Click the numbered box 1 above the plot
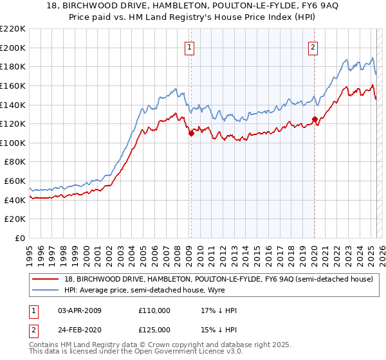(x=190, y=46)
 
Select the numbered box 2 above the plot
(x=313, y=46)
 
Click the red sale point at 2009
(x=191, y=133)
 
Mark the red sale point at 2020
(x=315, y=119)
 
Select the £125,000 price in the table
(x=154, y=330)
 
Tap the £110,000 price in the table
(x=154, y=310)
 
